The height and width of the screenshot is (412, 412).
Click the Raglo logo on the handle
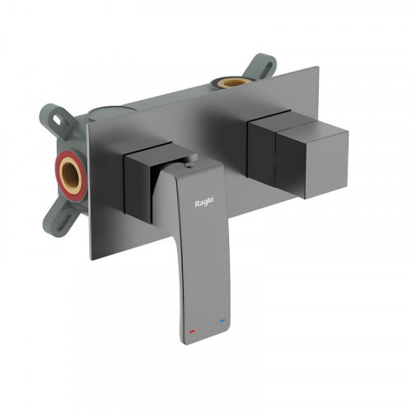pyautogui.click(x=206, y=202)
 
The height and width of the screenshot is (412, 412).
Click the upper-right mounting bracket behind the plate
pyautogui.click(x=261, y=66)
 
